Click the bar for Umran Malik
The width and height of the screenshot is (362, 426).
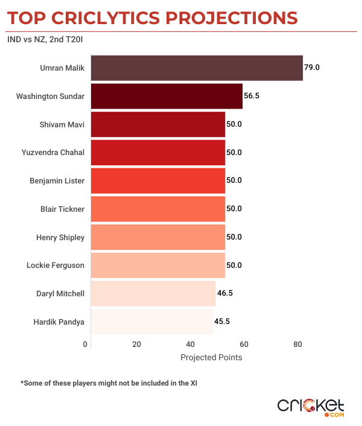[196, 68]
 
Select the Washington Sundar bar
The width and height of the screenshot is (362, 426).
[166, 96]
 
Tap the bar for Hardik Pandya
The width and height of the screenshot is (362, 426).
[151, 322]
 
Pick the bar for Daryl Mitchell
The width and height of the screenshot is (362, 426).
[153, 293]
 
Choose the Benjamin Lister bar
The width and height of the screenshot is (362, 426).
[157, 180]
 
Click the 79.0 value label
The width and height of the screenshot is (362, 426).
[311, 68]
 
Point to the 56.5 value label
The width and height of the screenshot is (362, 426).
[252, 96]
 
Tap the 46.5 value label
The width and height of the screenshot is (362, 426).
[224, 293]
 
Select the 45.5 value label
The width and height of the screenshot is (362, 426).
[222, 322]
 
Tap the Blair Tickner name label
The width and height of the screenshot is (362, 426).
[62, 209]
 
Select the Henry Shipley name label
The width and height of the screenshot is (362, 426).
[60, 237]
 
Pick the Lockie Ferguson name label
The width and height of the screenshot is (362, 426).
[56, 265]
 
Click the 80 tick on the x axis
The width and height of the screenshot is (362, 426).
[297, 345]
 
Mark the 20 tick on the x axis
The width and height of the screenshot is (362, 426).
[136, 345]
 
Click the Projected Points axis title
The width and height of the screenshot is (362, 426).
[211, 357]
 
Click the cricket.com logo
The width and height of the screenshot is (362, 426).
[310, 406]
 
